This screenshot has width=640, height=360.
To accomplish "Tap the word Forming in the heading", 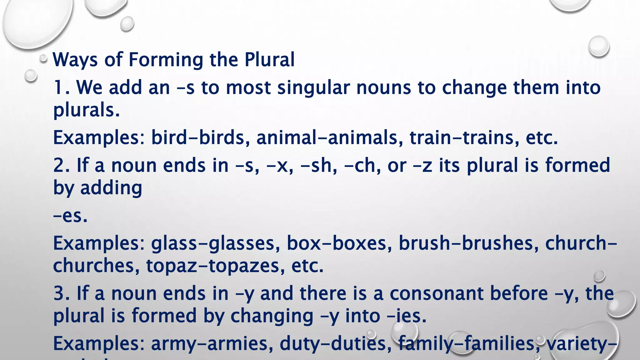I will click(x=166, y=60).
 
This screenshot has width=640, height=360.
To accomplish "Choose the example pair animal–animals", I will click(x=327, y=137).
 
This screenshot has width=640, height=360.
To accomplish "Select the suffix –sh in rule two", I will click(x=318, y=165).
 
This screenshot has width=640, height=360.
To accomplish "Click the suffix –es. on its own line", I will click(x=70, y=216).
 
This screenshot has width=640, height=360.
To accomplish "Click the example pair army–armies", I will click(x=209, y=343).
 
